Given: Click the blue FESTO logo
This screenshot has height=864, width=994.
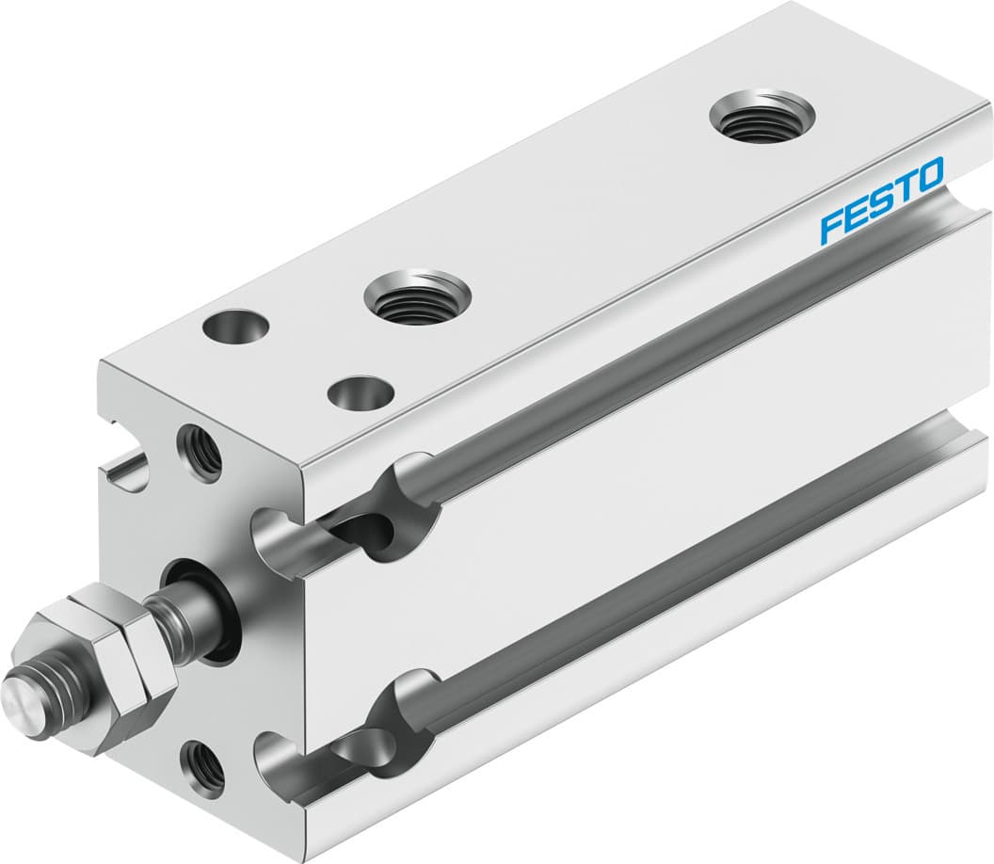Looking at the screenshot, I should pos(881,200).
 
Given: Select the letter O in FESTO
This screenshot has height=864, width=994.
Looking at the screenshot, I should pos(927,175).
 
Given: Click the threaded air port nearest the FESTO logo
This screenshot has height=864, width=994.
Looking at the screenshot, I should pos(762,116).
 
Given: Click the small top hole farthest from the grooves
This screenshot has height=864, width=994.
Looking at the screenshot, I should pos(235,328).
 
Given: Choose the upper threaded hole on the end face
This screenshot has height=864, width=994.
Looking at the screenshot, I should pos(201,449).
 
